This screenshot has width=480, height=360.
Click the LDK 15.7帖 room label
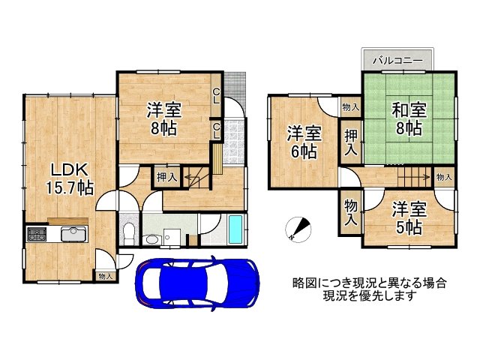pyautogui.click(x=69, y=179)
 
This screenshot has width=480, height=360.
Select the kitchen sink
pyautogui.click(x=73, y=234)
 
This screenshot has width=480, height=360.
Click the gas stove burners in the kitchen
pyautogui.click(x=37, y=234)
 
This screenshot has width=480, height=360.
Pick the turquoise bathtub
pyautogui.click(x=235, y=229)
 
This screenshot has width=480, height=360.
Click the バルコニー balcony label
pyautogui.click(x=397, y=60)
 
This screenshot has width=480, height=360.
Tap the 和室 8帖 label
pyautogui.click(x=409, y=119)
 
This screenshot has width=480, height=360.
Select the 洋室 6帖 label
pyautogui.click(x=304, y=142)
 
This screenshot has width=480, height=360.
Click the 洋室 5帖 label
pyautogui.click(x=409, y=217)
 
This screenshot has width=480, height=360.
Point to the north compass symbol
pyautogui.click(x=298, y=229)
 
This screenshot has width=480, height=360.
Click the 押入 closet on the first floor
pyautogui.click(x=166, y=177)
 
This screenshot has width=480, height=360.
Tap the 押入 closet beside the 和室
pyautogui.click(x=351, y=142)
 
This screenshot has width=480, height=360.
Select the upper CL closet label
pyautogui.click(x=217, y=96)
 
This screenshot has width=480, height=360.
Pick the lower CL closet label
pyautogui.click(x=217, y=130)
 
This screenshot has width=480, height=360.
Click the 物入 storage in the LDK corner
pyautogui.click(x=105, y=277)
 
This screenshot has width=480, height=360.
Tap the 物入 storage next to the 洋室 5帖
pyautogui.click(x=350, y=212)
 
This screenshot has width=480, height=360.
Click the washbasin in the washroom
pyautogui.click(x=151, y=239)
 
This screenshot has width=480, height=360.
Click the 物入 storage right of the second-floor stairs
pyautogui.click(x=444, y=177)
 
